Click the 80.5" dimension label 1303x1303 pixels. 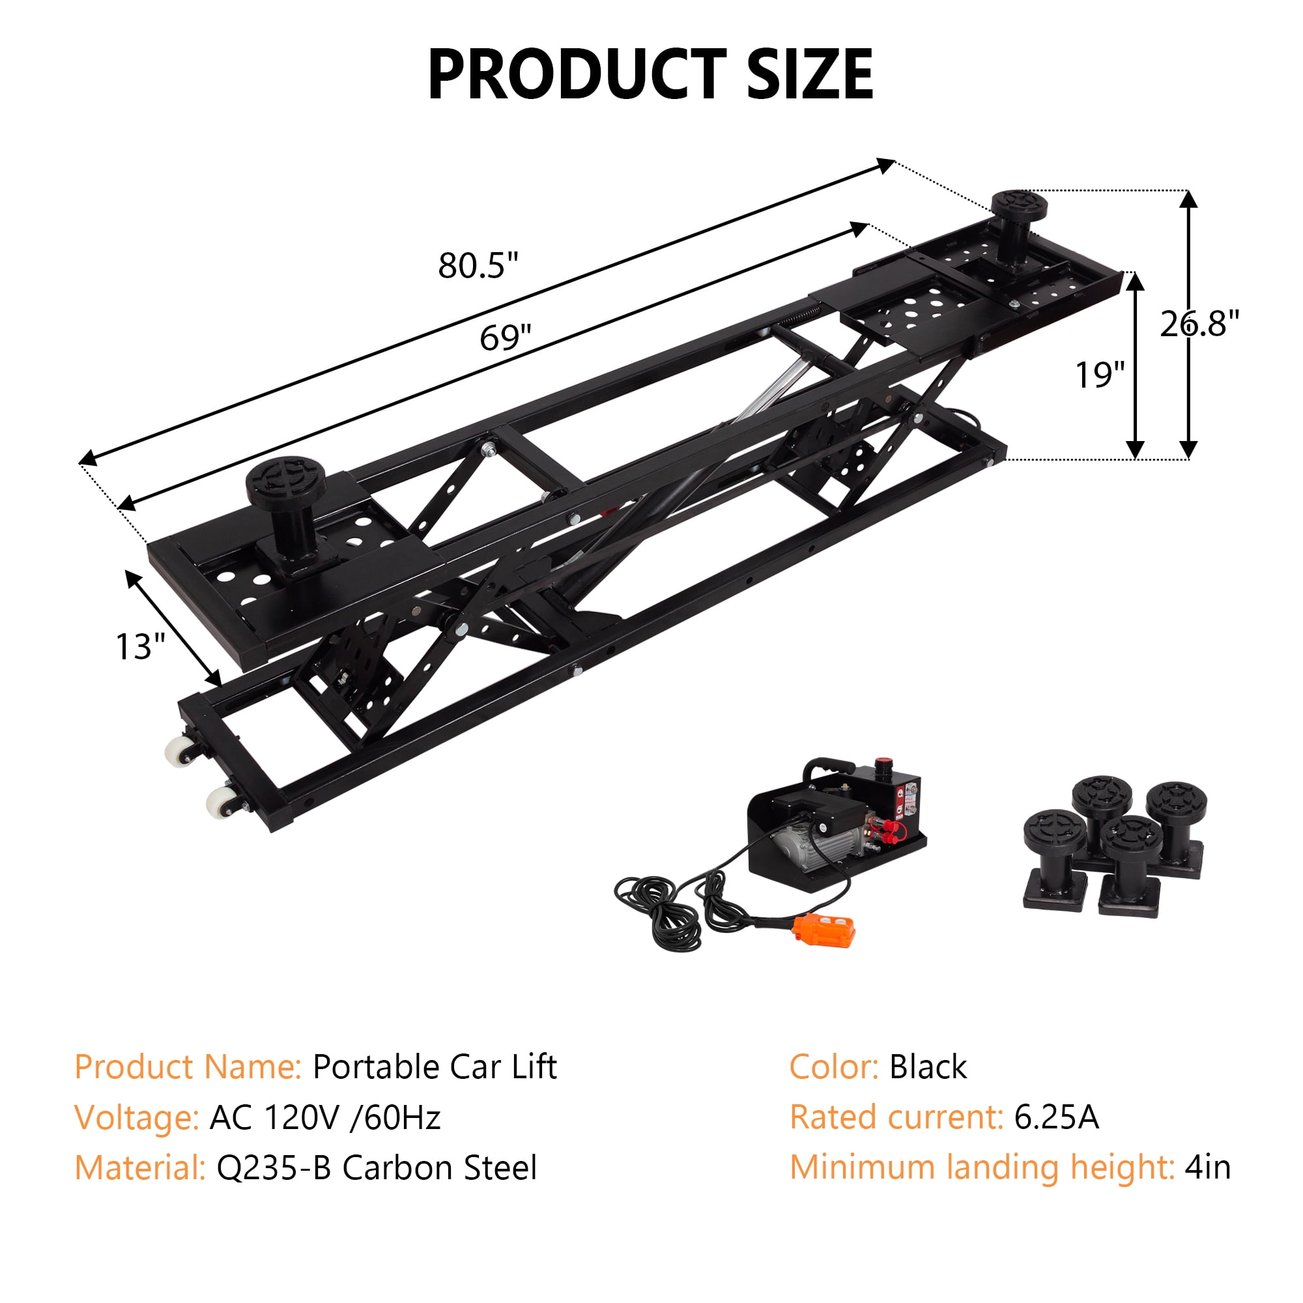point(478,265)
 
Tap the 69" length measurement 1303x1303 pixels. point(505,337)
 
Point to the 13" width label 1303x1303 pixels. point(140,646)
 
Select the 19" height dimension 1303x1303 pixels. point(1100,375)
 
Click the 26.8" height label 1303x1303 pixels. point(1199,324)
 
